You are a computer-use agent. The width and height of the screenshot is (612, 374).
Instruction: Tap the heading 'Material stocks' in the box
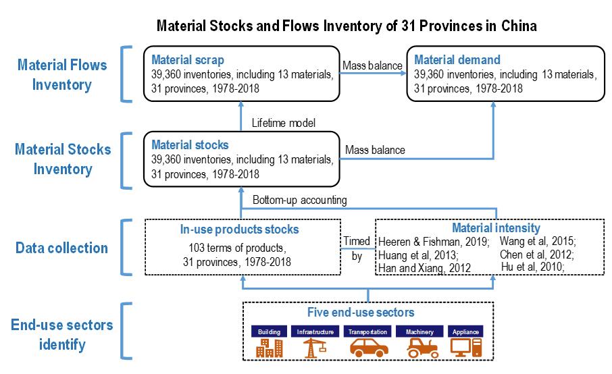[190, 145]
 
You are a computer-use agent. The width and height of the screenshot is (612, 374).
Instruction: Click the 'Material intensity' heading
[496, 229]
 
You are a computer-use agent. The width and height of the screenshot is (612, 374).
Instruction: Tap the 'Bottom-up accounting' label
[300, 201]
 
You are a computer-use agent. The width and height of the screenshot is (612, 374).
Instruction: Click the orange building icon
[269, 348]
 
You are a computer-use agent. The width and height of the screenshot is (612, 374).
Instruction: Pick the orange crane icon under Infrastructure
[316, 347]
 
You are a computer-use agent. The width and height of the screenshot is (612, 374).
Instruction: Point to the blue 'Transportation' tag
[367, 331]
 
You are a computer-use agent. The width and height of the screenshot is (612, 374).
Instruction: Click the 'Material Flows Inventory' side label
[62, 75]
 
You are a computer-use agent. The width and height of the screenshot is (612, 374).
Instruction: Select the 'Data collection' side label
[62, 248]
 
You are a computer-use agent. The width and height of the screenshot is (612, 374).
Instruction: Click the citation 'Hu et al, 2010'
[534, 267]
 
